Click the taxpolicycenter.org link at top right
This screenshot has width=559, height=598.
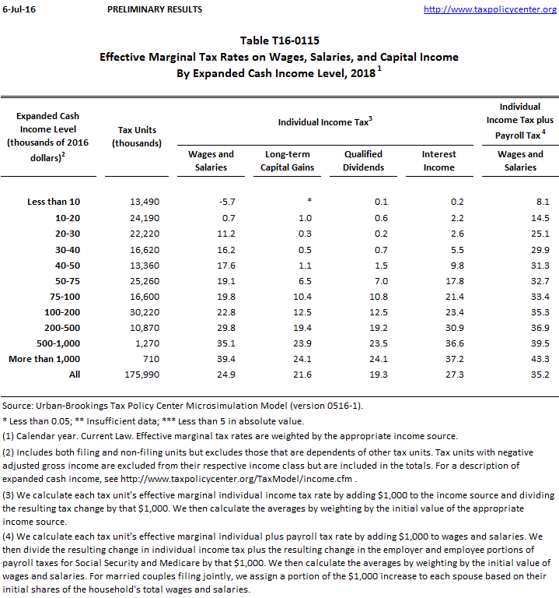coord(491,9)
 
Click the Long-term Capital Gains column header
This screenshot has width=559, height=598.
coord(287,160)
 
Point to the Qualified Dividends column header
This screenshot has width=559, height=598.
coord(364,160)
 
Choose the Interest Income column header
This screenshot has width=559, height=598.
coord(438,160)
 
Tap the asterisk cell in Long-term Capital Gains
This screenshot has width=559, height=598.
coord(309,202)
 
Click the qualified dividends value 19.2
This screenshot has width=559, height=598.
coord(378,327)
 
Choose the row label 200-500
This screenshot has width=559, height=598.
coord(61,327)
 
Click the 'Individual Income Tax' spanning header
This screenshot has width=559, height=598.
coord(325,122)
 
